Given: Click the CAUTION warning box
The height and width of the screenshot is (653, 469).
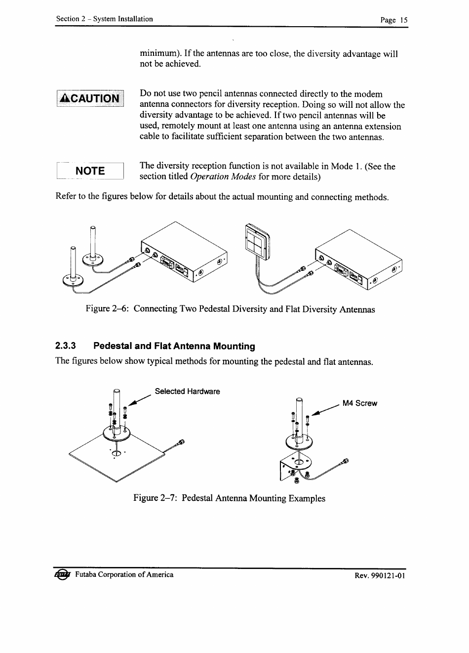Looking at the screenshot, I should tap(90, 98).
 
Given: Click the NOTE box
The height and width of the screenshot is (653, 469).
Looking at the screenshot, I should tap(90, 171).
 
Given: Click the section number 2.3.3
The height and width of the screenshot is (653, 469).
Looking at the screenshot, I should tap(66, 346).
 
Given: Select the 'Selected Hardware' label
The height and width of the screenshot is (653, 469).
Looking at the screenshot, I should tap(187, 392).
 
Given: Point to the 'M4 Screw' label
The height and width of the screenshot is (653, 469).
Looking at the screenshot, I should tap(359, 403).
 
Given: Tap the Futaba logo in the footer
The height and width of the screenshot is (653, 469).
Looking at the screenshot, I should tap(63, 574).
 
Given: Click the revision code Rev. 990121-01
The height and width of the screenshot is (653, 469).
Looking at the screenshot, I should tap(380, 575).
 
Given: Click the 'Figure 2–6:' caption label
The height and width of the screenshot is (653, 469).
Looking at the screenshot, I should tap(107, 309).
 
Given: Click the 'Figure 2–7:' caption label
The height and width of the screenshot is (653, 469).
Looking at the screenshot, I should tap(155, 498).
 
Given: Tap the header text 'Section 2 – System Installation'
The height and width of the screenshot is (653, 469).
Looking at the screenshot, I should tap(104, 19).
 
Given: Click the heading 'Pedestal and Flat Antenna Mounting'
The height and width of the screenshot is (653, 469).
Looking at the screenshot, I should tap(174, 346).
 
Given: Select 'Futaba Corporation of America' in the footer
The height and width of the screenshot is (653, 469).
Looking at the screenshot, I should tap(124, 574).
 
